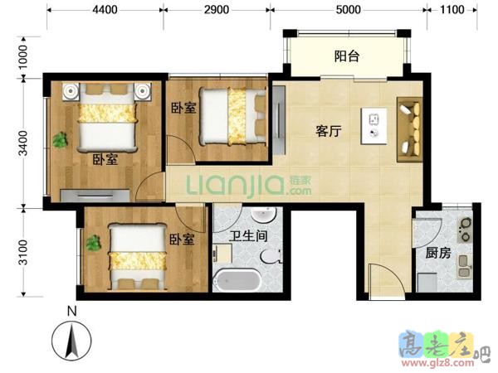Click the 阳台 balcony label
tap(347, 56)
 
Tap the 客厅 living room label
tap(329, 131)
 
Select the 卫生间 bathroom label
tap(249, 236)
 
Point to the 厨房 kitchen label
tap(438, 253)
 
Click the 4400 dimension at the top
tap(105, 10)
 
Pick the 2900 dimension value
tap(217, 10)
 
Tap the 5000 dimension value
tap(348, 10)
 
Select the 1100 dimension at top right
tap(452, 10)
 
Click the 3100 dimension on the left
tap(23, 252)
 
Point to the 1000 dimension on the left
tap(23, 57)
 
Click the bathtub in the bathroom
tap(237, 280)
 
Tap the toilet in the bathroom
tap(271, 256)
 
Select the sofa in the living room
tap(409, 130)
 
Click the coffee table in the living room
tap(373, 126)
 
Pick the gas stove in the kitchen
tap(466, 229)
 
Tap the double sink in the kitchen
tap(465, 267)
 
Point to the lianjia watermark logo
tap(249, 185)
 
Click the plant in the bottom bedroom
tap(94, 243)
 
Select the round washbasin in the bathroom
tap(263, 215)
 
